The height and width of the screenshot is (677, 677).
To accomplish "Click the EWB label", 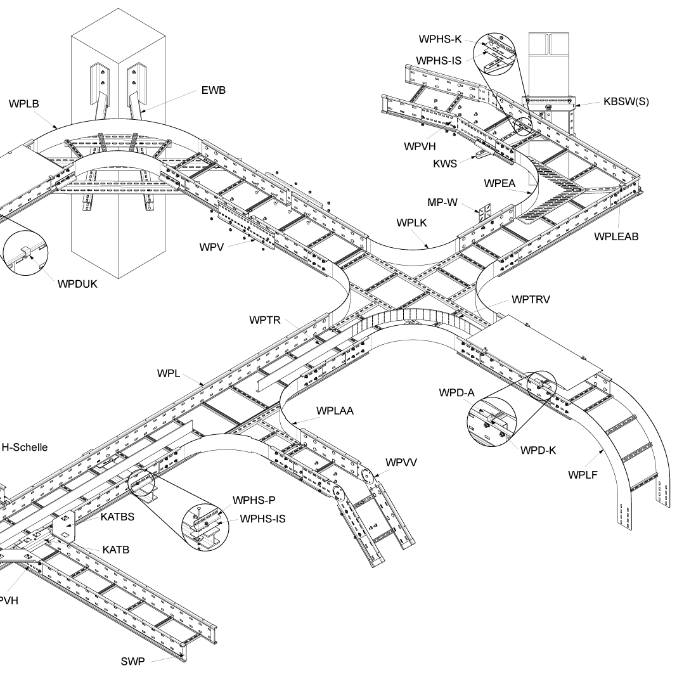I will [213, 90].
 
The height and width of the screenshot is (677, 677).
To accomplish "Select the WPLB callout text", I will [25, 103].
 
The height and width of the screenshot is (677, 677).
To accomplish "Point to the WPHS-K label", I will [440, 39].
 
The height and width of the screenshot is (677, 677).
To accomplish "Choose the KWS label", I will [445, 164].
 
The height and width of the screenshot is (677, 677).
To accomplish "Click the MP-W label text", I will [443, 203].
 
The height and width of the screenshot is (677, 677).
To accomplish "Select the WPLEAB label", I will [616, 236].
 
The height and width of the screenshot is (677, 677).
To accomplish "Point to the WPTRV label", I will [531, 299].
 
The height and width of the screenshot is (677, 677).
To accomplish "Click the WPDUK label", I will [77, 283].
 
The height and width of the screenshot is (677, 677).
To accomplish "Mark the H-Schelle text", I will [25, 447].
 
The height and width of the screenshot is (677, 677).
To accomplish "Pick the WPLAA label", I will [335, 411].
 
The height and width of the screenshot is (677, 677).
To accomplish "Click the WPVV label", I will [401, 461].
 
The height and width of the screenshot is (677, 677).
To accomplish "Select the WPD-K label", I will [538, 451].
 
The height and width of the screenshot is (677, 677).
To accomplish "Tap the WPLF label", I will [583, 475].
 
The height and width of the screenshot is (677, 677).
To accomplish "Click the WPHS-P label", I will [254, 501].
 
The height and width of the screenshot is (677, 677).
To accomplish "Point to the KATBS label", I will [118, 517].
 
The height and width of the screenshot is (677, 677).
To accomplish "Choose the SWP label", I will [133, 662].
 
